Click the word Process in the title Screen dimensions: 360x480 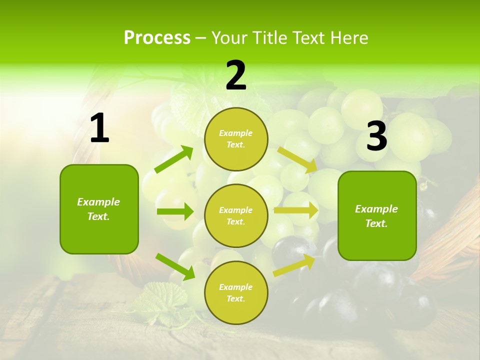[x=157, y=38]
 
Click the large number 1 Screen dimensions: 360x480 [x=99, y=128]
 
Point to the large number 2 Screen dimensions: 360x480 [x=236, y=76]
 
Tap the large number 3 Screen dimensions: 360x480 [x=377, y=136]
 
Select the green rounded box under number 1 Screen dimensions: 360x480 [x=99, y=209]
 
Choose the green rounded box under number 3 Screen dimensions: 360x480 [x=377, y=216]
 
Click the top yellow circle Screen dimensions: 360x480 [x=236, y=139]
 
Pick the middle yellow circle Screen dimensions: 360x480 [x=236, y=215]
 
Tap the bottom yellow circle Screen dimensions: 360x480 [x=236, y=292]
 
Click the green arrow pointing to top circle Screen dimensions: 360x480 [x=173, y=159]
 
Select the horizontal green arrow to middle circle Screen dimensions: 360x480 [x=174, y=211]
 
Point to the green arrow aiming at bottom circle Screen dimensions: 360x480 [x=175, y=266]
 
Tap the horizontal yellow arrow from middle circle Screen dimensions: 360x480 [x=295, y=210]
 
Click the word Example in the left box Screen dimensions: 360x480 [x=98, y=202]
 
